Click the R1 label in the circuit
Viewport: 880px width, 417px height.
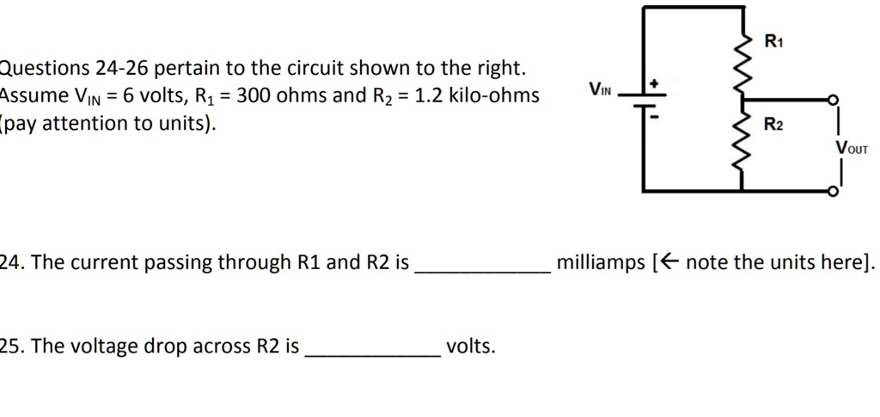click(773, 40)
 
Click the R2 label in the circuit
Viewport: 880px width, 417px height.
click(773, 126)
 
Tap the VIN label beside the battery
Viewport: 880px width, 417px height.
click(600, 89)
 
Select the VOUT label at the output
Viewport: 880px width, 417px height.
click(852, 149)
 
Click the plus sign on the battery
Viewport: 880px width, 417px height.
click(653, 83)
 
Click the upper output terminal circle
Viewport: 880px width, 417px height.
click(832, 101)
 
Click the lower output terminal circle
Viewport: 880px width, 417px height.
click(832, 192)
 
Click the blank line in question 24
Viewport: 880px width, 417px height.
click(482, 272)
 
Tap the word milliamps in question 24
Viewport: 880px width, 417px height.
click(600, 262)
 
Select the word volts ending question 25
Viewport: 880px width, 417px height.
click(470, 346)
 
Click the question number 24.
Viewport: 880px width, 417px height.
click(11, 262)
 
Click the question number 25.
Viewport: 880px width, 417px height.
click(11, 346)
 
